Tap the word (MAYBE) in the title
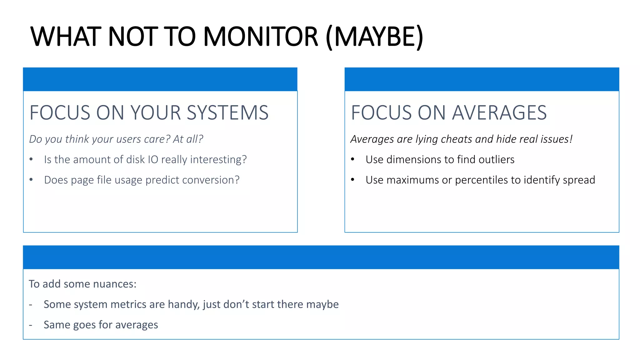(x=374, y=37)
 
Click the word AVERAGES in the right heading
(x=499, y=112)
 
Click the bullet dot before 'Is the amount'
(x=31, y=159)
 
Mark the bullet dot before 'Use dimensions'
(x=352, y=159)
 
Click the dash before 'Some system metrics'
(x=31, y=305)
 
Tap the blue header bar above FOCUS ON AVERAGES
(x=482, y=79)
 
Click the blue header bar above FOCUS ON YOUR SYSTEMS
(x=160, y=79)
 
